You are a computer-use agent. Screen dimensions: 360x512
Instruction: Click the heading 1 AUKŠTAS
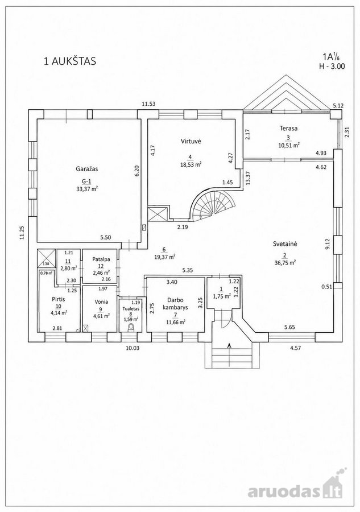tap(70, 61)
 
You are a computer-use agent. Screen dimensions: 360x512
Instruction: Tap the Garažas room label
tap(87, 169)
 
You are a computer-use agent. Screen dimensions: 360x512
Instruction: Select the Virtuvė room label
tap(191, 141)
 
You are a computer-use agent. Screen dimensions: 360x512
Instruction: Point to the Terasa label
tap(288, 129)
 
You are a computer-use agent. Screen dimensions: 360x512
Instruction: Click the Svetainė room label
tap(285, 243)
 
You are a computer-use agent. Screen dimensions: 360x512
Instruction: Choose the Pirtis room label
tap(59, 299)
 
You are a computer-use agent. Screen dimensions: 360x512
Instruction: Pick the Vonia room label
tap(101, 302)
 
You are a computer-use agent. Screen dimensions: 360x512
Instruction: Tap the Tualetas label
tap(131, 308)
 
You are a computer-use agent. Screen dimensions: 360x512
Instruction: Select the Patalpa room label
tap(101, 259)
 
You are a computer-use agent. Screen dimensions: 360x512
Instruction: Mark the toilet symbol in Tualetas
tap(131, 328)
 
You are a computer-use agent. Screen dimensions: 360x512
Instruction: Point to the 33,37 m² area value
tap(87, 188)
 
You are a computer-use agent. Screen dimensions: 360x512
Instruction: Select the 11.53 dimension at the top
tap(148, 104)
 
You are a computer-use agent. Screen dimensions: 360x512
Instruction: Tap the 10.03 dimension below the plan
tap(133, 348)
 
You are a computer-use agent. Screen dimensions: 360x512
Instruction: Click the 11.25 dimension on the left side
tap(22, 233)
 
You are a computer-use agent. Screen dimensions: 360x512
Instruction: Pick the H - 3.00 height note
tap(332, 66)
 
